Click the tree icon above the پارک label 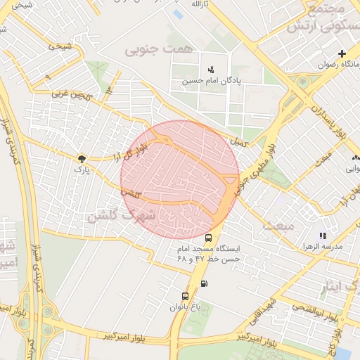[82, 159]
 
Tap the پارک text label [82, 170]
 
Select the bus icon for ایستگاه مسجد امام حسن [209, 238]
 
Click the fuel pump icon [204, 284]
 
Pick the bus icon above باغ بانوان [185, 296]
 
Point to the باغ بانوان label [185, 307]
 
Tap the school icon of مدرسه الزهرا [322, 236]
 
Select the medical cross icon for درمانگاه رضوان [342, 53]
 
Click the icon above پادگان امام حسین [211, 69]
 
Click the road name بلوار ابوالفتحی [292, 307]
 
